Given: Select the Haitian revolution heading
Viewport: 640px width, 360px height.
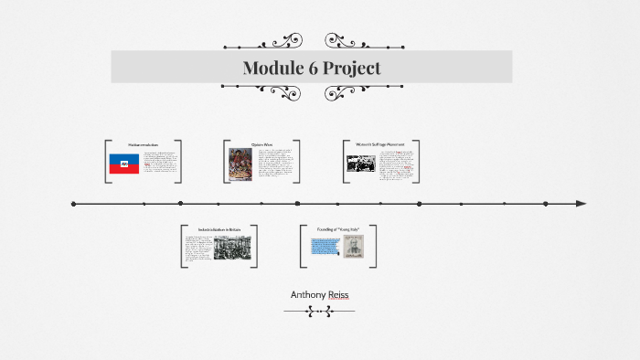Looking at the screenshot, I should pos(143,145).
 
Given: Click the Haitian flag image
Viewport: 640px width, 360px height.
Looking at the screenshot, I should pos(124,164).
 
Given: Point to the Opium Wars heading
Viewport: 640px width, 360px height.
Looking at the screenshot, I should pos(262,145).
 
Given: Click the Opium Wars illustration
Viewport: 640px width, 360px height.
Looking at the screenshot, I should pos(240,164).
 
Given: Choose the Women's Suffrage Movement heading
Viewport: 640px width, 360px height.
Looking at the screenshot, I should pos(381,144).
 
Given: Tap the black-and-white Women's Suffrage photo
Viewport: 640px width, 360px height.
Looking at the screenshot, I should pos(360,164).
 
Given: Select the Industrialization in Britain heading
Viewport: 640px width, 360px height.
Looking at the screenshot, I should pos(219,229).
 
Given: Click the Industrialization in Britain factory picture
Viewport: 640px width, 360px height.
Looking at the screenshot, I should pos(232,249).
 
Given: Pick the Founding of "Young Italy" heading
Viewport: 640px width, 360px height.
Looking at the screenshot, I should pos(337,229).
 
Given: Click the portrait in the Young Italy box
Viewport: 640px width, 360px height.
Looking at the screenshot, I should pos(353,247).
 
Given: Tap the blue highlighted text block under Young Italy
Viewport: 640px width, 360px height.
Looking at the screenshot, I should pos(324,246).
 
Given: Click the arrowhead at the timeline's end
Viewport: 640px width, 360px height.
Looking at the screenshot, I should pos(581,204).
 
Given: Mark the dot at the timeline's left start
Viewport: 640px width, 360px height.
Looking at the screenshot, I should pos(73,204).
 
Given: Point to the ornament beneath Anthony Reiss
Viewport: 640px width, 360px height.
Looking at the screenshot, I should pos(319,312).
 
